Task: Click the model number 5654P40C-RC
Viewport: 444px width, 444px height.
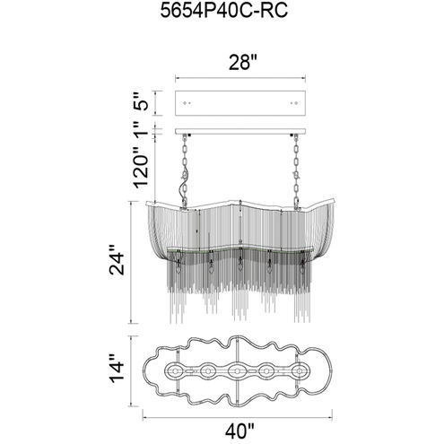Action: (224, 11)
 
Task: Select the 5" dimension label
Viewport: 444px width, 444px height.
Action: (140, 101)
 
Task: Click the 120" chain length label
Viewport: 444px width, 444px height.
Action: (140, 168)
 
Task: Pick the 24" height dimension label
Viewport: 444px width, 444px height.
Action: (117, 260)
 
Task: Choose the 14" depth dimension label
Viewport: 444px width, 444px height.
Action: (117, 368)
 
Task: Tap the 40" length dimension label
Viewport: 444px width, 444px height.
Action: (239, 431)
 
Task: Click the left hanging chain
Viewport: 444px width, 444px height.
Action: (184, 172)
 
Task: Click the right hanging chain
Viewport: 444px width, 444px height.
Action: (296, 172)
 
